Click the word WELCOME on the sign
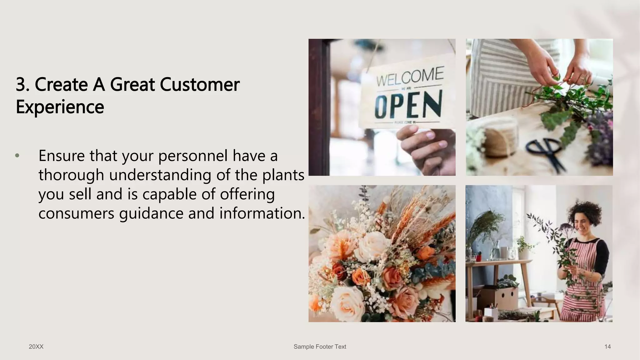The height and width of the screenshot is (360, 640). [x=410, y=76]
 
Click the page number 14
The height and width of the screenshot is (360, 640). [x=607, y=347]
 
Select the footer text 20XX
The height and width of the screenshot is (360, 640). [x=36, y=347]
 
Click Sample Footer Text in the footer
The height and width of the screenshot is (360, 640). [x=320, y=347]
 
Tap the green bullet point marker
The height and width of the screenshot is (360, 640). [x=17, y=156]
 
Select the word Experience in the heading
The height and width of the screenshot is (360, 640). [x=60, y=107]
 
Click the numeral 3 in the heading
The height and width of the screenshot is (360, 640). [x=21, y=85]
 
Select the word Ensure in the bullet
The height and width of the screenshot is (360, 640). [x=62, y=156]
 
